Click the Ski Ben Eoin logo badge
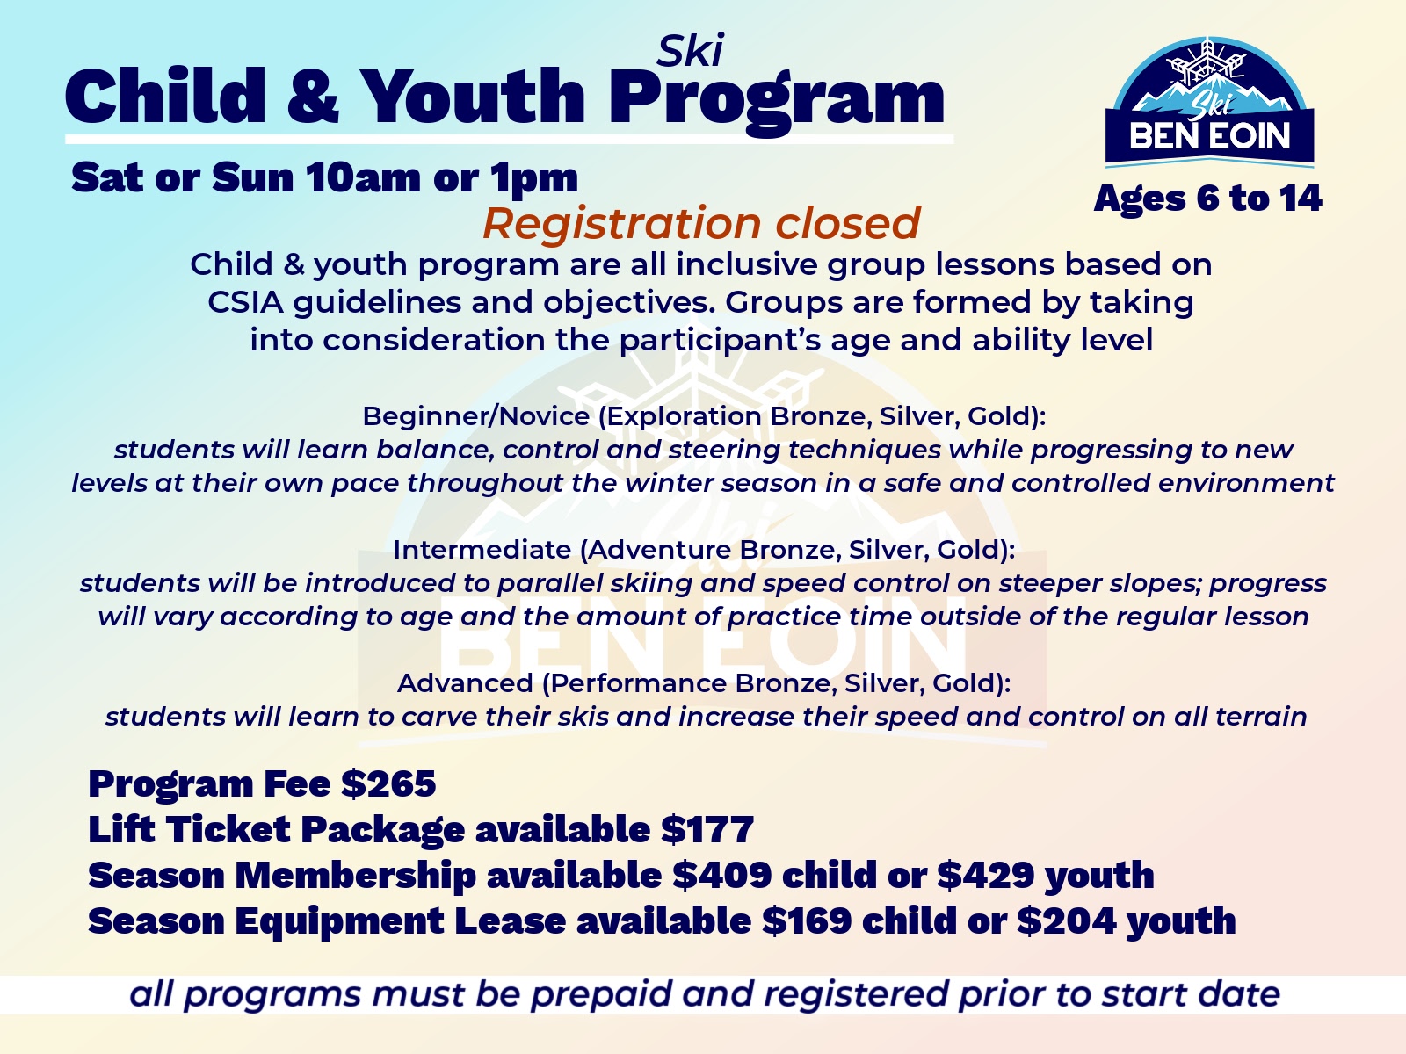click(1209, 103)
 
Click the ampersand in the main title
click(313, 96)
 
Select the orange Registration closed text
click(701, 223)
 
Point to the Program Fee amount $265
click(388, 783)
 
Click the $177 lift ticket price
click(707, 829)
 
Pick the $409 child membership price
click(722, 875)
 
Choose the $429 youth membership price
click(986, 875)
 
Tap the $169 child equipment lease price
click(807, 920)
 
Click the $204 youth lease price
click(1066, 920)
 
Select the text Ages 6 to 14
click(1208, 199)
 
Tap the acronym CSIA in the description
click(245, 302)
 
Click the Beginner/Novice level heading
click(704, 416)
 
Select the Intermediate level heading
click(704, 551)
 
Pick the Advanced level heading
click(704, 683)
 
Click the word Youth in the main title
click(473, 96)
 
